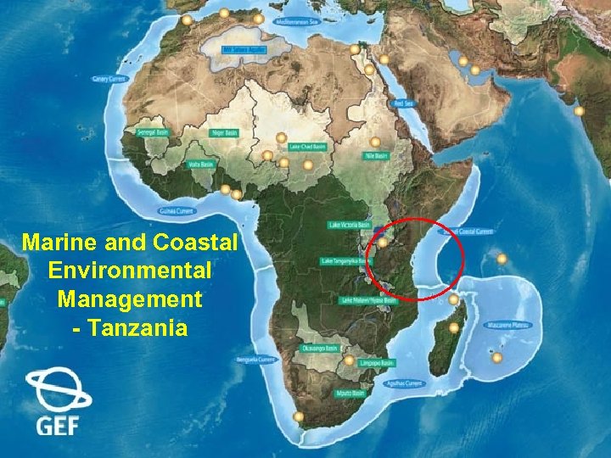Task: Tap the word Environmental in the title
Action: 130,271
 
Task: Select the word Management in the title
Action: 130,299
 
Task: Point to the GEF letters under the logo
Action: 57,425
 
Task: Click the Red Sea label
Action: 404,103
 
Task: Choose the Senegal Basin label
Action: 142,133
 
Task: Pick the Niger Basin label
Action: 225,133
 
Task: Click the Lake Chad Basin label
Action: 308,147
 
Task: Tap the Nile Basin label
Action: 375,156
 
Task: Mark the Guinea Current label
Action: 177,210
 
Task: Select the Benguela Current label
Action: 257,360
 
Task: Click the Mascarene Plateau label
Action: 509,325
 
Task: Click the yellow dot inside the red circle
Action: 384,243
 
